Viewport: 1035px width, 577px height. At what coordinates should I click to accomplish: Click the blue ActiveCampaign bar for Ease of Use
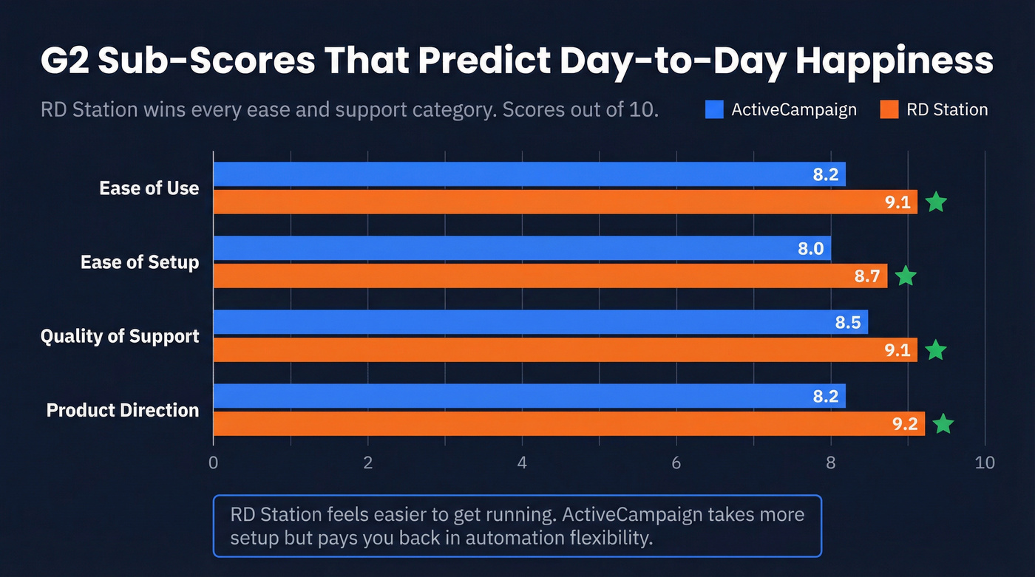pyautogui.click(x=529, y=174)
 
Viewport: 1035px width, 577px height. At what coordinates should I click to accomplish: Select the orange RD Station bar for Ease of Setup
pyautogui.click(x=550, y=276)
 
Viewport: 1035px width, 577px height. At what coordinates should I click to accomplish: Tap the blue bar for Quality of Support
pyautogui.click(x=540, y=322)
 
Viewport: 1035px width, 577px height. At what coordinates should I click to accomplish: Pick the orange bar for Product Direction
pyautogui.click(x=569, y=424)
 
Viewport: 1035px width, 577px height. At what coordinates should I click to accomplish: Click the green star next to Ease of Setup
pyautogui.click(x=906, y=276)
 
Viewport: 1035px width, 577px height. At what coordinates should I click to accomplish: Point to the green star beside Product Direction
pyautogui.click(x=943, y=424)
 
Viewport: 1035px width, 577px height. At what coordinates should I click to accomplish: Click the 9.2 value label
pyautogui.click(x=904, y=424)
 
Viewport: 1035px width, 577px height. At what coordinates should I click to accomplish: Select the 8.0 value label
pyautogui.click(x=810, y=248)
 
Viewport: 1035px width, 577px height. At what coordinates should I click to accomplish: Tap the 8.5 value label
pyautogui.click(x=848, y=322)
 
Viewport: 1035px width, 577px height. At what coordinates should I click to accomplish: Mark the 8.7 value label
pyautogui.click(x=866, y=276)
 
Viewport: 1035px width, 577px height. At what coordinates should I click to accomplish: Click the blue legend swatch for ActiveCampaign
pyautogui.click(x=714, y=110)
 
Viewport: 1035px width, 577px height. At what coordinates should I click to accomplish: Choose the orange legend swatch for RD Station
pyautogui.click(x=889, y=110)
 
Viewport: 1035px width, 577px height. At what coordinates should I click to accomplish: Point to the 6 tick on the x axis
pyautogui.click(x=676, y=463)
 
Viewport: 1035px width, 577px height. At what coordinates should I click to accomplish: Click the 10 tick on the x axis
pyautogui.click(x=985, y=463)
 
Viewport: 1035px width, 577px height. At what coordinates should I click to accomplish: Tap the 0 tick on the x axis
pyautogui.click(x=214, y=463)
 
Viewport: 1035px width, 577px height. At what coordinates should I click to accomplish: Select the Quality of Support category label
pyautogui.click(x=120, y=336)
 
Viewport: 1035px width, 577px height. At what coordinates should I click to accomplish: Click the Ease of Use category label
pyautogui.click(x=149, y=188)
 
